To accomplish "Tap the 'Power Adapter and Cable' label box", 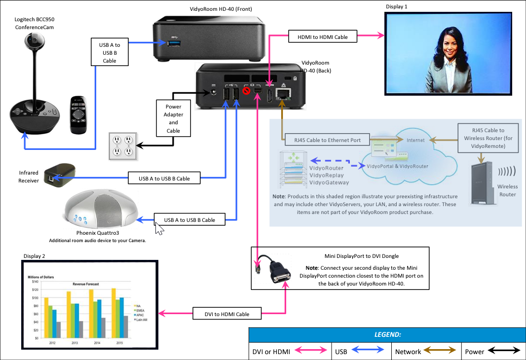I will [173, 118].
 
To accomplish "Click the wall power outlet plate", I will [123, 146].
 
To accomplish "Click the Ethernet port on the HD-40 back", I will [283, 94].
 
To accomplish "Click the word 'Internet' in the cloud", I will [415, 140].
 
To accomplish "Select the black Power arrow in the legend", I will [504, 351].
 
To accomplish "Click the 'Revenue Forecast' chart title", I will [85, 284].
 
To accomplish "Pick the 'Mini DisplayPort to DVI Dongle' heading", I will [361, 255].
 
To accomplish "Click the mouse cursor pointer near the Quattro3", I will [159, 229].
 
